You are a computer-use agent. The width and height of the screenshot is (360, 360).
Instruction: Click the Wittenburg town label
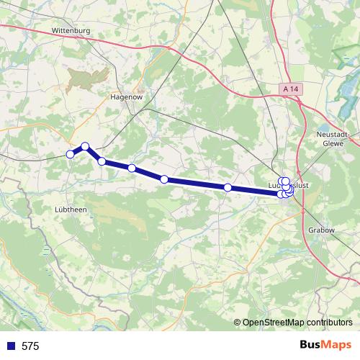pyautogui.click(x=70, y=31)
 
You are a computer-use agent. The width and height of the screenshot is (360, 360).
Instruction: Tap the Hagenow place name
pyautogui.click(x=125, y=96)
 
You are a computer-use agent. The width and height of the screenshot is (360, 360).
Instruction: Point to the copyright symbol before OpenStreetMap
pyautogui.click(x=238, y=323)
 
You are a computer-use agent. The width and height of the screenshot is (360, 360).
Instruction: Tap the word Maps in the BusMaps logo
pyautogui.click(x=336, y=346)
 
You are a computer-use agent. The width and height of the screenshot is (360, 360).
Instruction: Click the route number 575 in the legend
pyautogui.click(x=30, y=346)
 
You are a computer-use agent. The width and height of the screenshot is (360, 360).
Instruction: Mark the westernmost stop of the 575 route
pyautogui.click(x=71, y=154)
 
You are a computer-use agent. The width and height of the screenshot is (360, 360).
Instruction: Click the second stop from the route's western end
pyautogui.click(x=85, y=146)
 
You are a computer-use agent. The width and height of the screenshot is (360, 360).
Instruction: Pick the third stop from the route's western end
pyautogui.click(x=102, y=161)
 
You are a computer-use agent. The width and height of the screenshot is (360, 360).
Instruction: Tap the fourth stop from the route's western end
pyautogui.click(x=132, y=168)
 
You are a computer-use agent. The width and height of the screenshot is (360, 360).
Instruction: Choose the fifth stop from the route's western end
pyautogui.click(x=164, y=179)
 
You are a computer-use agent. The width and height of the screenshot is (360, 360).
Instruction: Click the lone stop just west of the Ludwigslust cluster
pyautogui.click(x=228, y=187)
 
